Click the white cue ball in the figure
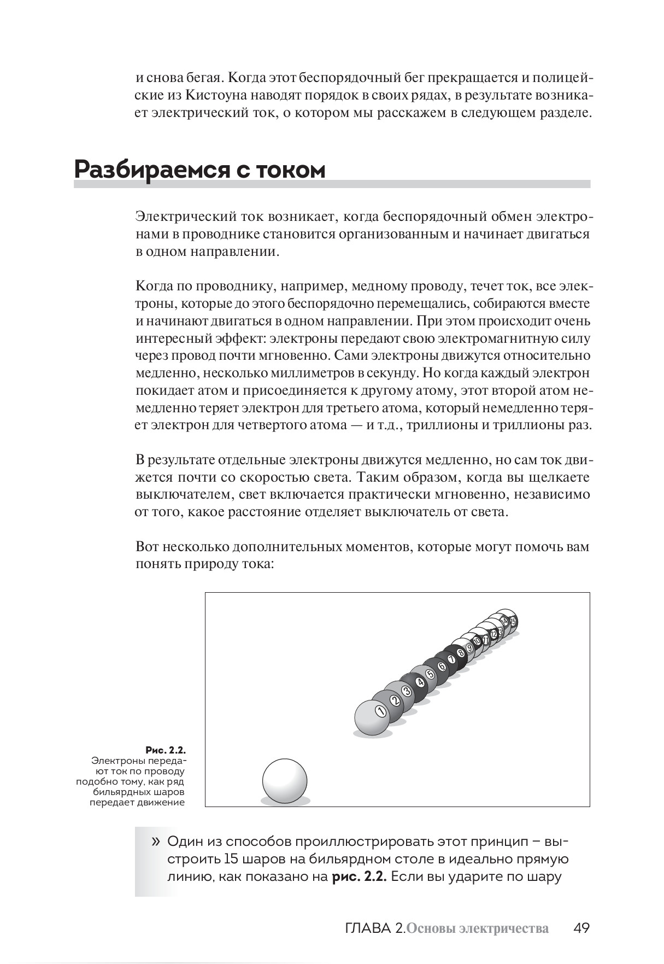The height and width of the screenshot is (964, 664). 285,780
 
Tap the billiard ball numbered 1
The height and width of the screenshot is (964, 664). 375,717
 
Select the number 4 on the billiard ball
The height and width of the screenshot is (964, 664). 420,682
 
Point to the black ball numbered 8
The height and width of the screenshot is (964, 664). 461,652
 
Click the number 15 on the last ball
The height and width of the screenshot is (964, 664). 513,621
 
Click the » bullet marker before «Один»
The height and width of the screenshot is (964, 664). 156,840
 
